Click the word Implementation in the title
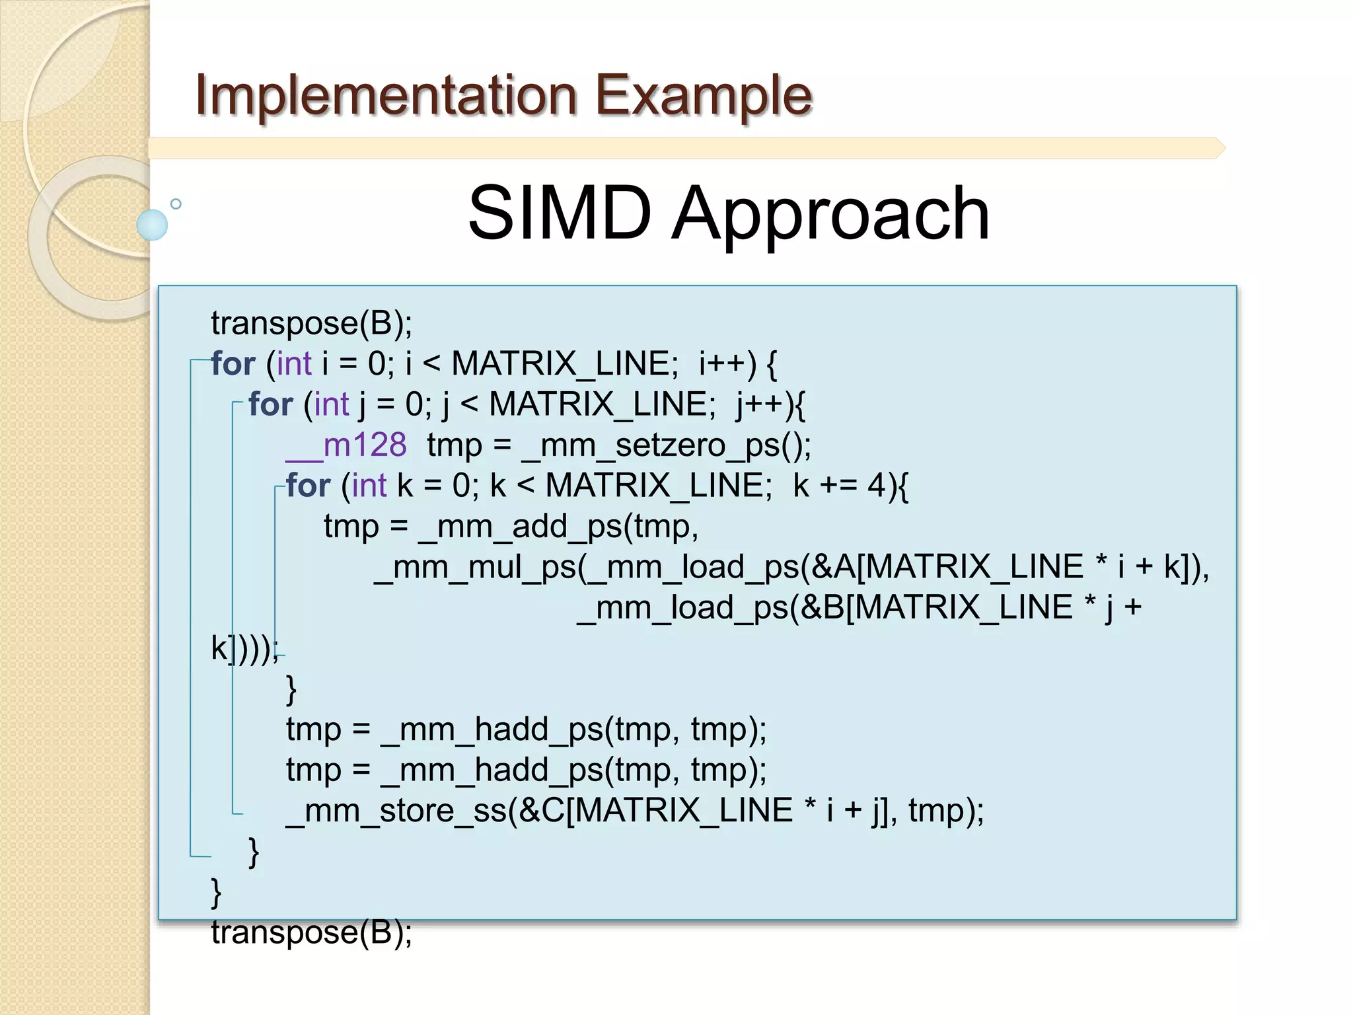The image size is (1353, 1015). pos(386,95)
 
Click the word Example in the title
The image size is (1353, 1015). pos(703,95)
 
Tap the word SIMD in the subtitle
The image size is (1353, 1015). pos(560,213)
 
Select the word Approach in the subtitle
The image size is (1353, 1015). pos(830,213)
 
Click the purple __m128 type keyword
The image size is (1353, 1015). pos(346,445)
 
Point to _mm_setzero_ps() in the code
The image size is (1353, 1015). pos(666,445)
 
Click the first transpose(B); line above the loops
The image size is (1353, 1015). pos(311,324)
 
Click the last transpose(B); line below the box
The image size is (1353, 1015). pos(311,932)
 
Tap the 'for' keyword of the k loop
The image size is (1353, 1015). pos(308,486)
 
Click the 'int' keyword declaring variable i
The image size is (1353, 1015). pos(294,364)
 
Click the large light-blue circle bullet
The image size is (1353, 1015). pos(152,225)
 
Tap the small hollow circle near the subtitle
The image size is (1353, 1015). pos(176,204)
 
